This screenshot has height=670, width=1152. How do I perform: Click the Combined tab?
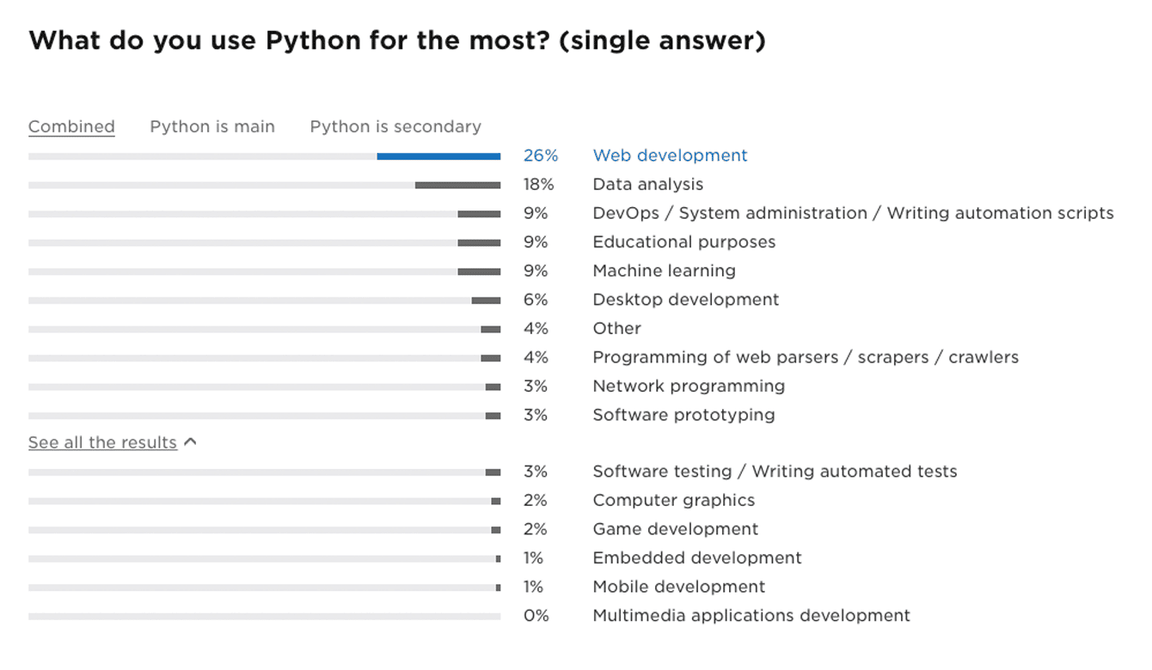71,126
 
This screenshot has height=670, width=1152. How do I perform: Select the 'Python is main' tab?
212,126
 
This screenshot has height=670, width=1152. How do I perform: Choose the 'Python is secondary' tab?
395,126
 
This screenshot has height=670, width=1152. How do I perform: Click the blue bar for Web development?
438,156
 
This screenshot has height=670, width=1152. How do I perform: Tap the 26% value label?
541,155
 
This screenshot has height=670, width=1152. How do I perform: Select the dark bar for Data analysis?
457,186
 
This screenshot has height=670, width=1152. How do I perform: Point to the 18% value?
539,185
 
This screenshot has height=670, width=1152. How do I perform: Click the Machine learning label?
664,271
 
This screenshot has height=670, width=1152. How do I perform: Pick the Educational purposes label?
683,242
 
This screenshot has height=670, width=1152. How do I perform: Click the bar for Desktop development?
486,301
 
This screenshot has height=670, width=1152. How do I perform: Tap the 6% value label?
535,300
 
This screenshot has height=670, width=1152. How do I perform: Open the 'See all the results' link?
102,442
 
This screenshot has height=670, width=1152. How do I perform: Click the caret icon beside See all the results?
191,442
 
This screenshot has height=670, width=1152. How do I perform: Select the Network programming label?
689,386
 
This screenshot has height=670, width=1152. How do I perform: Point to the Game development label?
675,529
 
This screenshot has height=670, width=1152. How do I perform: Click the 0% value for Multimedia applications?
536,616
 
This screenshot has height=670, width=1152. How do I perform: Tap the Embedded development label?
696,558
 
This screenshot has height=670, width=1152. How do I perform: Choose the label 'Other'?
616,328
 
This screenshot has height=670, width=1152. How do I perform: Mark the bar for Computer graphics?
496,501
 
